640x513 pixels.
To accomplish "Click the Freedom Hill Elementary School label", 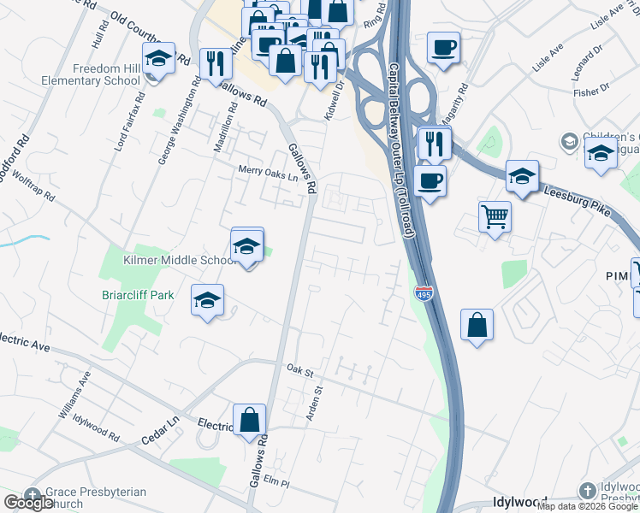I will pyautogui.click(x=91, y=75).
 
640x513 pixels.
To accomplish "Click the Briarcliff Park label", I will pyautogui.click(x=137, y=295).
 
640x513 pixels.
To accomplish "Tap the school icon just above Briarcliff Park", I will pyautogui.click(x=207, y=301).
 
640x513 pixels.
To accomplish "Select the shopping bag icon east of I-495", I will pyautogui.click(x=477, y=325).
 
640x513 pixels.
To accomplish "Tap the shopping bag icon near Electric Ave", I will pyautogui.click(x=249, y=420).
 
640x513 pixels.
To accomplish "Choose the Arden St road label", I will pyautogui.click(x=314, y=402).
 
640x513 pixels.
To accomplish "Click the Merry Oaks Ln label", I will pyautogui.click(x=267, y=177).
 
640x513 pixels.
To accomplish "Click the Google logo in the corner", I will pyautogui.click(x=27, y=504).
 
